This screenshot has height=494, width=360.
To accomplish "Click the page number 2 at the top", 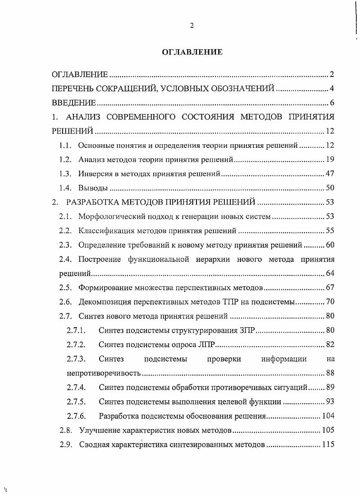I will pyautogui.click(x=191, y=26).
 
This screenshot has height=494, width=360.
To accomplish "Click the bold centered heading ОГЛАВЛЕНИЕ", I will pyautogui.click(x=192, y=52).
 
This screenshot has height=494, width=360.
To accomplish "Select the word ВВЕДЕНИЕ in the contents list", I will pyautogui.click(x=74, y=103).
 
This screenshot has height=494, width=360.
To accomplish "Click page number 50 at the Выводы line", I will pyautogui.click(x=329, y=188).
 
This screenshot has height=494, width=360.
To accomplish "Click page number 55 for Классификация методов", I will pyautogui.click(x=329, y=231).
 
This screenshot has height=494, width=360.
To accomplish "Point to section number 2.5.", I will pyautogui.click(x=66, y=288).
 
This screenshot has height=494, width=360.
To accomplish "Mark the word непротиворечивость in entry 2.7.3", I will pyautogui.click(x=104, y=373).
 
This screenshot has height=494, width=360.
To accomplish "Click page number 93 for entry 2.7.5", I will pyautogui.click(x=329, y=402).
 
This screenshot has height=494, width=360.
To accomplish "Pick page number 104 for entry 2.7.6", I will pyautogui.click(x=328, y=416).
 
